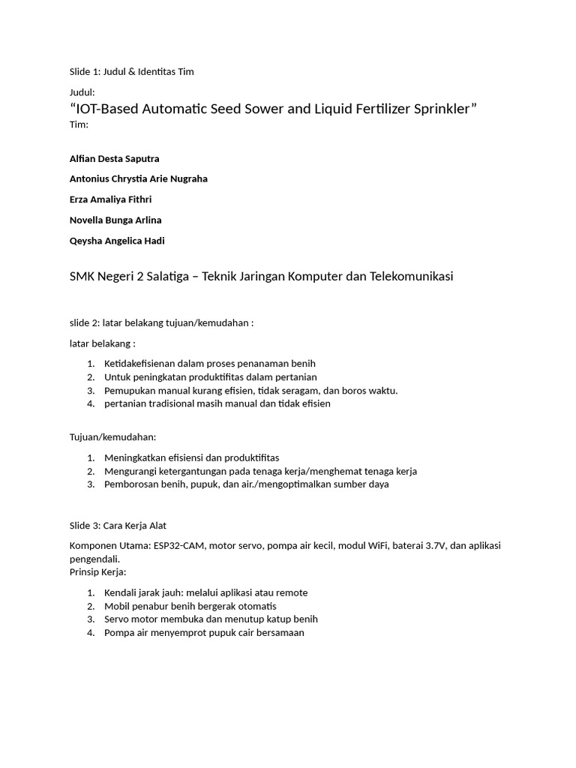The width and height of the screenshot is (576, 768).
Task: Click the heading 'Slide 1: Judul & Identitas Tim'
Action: (131, 71)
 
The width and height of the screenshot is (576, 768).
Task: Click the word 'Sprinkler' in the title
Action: (441, 109)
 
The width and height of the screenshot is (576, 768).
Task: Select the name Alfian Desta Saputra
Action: (114, 159)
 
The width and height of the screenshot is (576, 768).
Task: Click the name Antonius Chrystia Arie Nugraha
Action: (138, 179)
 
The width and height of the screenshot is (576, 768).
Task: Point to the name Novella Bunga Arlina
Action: (115, 220)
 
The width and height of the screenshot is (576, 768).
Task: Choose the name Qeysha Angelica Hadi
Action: (116, 241)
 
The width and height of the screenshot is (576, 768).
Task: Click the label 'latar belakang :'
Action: (102, 343)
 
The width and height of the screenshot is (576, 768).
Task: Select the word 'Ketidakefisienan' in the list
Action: (139, 364)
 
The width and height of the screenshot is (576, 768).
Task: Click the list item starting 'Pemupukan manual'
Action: (250, 391)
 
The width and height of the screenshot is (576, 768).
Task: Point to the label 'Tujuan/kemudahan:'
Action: (112, 437)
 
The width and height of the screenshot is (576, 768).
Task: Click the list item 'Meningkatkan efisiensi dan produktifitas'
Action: (191, 457)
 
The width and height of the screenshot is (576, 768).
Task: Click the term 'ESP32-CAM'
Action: (178, 546)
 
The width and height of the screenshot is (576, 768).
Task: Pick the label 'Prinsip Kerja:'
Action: (100, 572)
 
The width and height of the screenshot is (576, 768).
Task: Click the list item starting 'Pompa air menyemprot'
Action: (204, 633)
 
